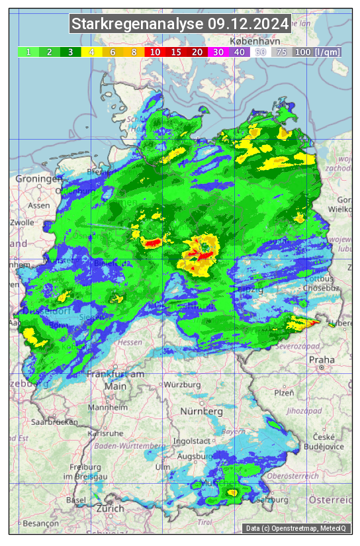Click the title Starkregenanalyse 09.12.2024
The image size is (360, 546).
coord(180,24)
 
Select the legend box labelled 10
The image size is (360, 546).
coord(155,52)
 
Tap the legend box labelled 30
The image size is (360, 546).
coord(218,52)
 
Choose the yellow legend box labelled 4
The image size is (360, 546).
coord(91,52)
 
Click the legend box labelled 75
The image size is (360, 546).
coord(281,52)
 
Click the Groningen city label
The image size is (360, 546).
coord(38,179)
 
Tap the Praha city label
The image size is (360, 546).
coord(322,360)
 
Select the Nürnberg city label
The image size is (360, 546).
coord(201,411)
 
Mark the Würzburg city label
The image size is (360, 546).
coord(183,385)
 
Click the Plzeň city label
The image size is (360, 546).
coord(284,392)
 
